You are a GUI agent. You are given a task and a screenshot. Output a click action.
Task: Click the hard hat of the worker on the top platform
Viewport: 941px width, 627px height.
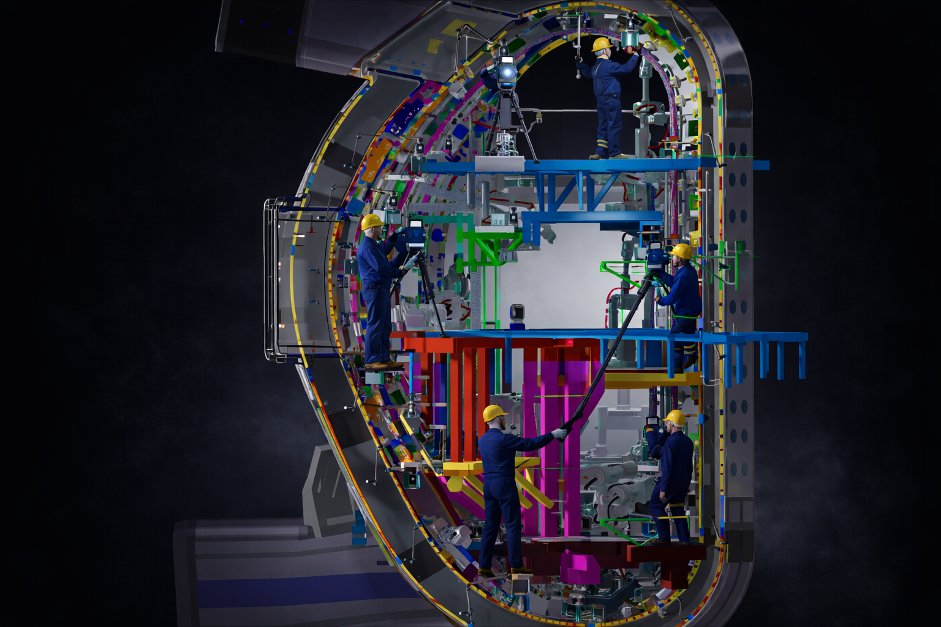pyautogui.click(x=602, y=44)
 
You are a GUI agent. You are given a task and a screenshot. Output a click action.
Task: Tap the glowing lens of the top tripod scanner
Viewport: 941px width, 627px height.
pyautogui.click(x=507, y=73)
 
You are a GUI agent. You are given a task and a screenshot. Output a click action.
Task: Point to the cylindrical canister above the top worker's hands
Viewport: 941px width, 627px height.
pyautogui.click(x=630, y=37)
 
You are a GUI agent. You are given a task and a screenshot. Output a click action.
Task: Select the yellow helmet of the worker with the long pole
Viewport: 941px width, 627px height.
pyautogui.click(x=494, y=413)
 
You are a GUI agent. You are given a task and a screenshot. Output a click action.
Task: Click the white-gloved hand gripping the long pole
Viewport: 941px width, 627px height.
pyautogui.click(x=559, y=433)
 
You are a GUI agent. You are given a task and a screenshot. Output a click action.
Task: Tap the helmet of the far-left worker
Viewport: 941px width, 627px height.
pyautogui.click(x=371, y=222)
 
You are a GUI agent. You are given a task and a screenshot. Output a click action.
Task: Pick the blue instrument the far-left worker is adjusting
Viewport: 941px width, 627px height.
pyautogui.click(x=415, y=233)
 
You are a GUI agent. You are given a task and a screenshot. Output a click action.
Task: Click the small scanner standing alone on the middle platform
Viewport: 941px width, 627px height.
pyautogui.click(x=517, y=313)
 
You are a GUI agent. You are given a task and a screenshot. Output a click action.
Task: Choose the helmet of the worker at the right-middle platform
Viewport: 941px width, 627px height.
pyautogui.click(x=681, y=251)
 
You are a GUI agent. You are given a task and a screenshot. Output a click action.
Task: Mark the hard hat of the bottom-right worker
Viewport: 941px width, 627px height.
pyautogui.click(x=675, y=418)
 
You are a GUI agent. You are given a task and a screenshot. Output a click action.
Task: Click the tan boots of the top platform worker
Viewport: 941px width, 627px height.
pyautogui.click(x=607, y=156)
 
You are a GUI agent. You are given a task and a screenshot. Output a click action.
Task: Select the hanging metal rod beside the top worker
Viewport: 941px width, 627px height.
pyautogui.click(x=578, y=49)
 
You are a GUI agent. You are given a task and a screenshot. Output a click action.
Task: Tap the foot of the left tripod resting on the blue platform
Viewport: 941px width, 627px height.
pyautogui.click(x=445, y=334)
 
